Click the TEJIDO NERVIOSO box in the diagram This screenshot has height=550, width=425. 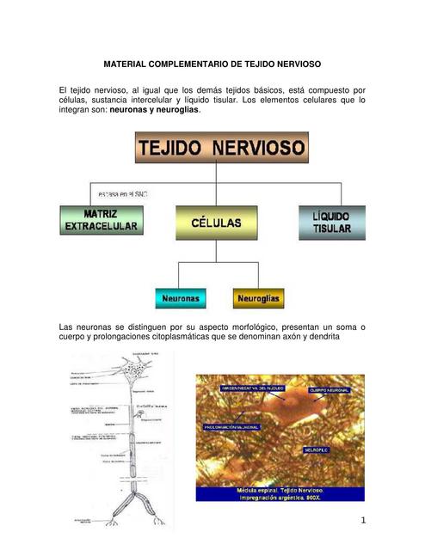pos(221,147)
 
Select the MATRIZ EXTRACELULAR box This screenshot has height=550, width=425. pos(101,220)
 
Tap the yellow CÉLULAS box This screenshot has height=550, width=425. pos(216,222)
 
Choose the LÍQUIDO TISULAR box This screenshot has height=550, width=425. pos(331,222)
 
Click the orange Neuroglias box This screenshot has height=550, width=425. pos(258,298)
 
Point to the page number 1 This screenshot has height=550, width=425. pos(363,520)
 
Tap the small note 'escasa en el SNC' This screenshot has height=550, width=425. pos(122,194)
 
